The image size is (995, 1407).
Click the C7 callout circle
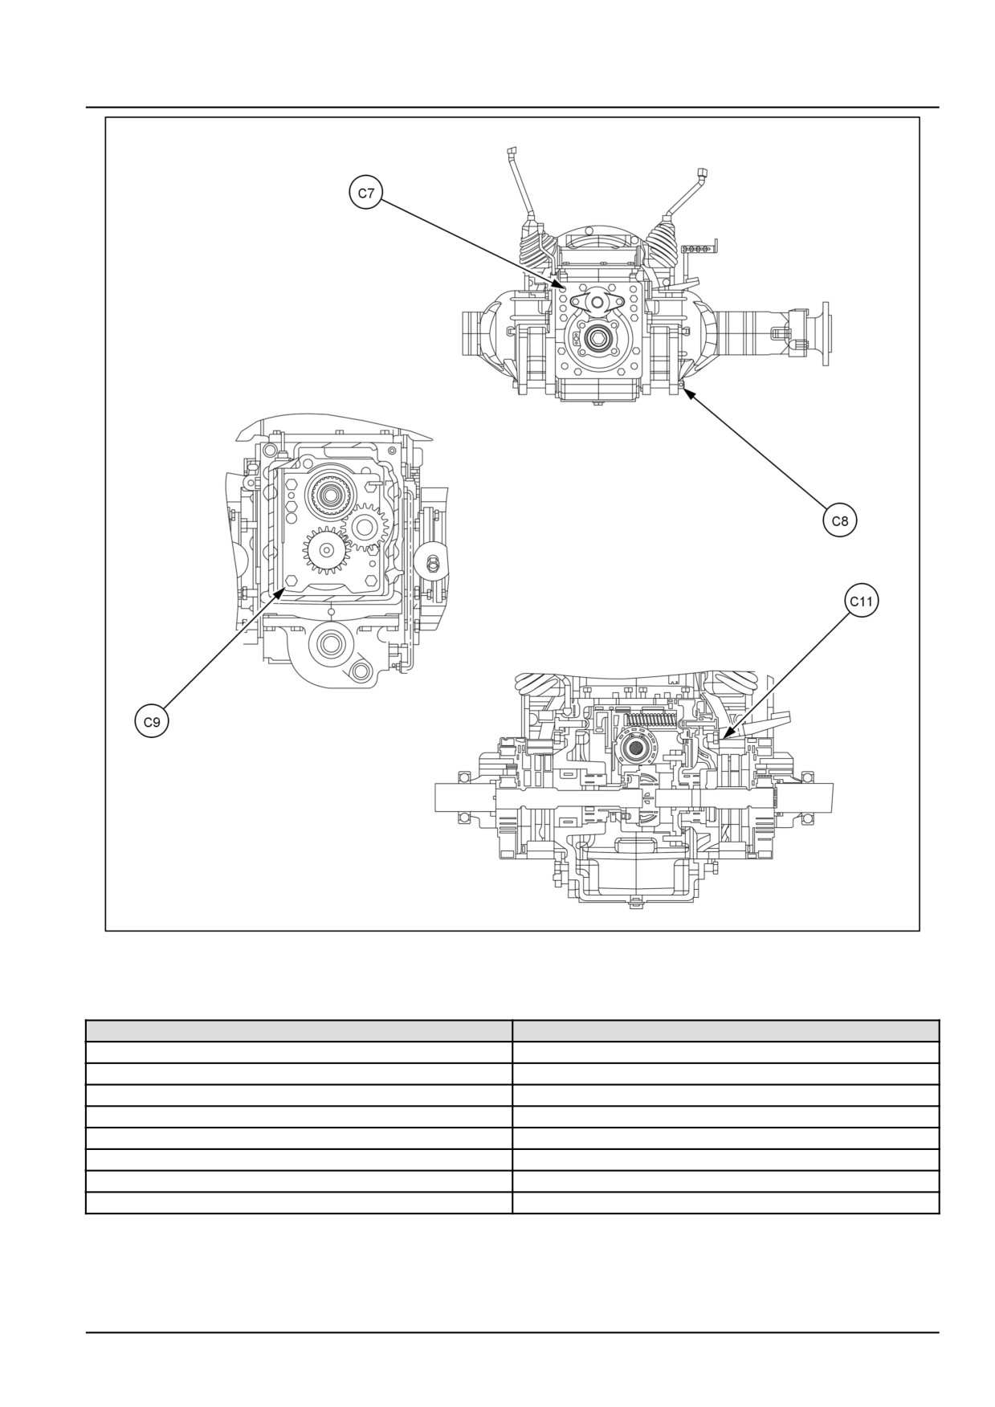[x=366, y=194]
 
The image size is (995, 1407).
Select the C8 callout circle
[x=839, y=521]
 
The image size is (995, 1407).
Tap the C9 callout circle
[x=152, y=722]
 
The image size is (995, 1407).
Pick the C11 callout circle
[x=862, y=602]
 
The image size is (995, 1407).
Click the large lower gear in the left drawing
[x=327, y=551]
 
